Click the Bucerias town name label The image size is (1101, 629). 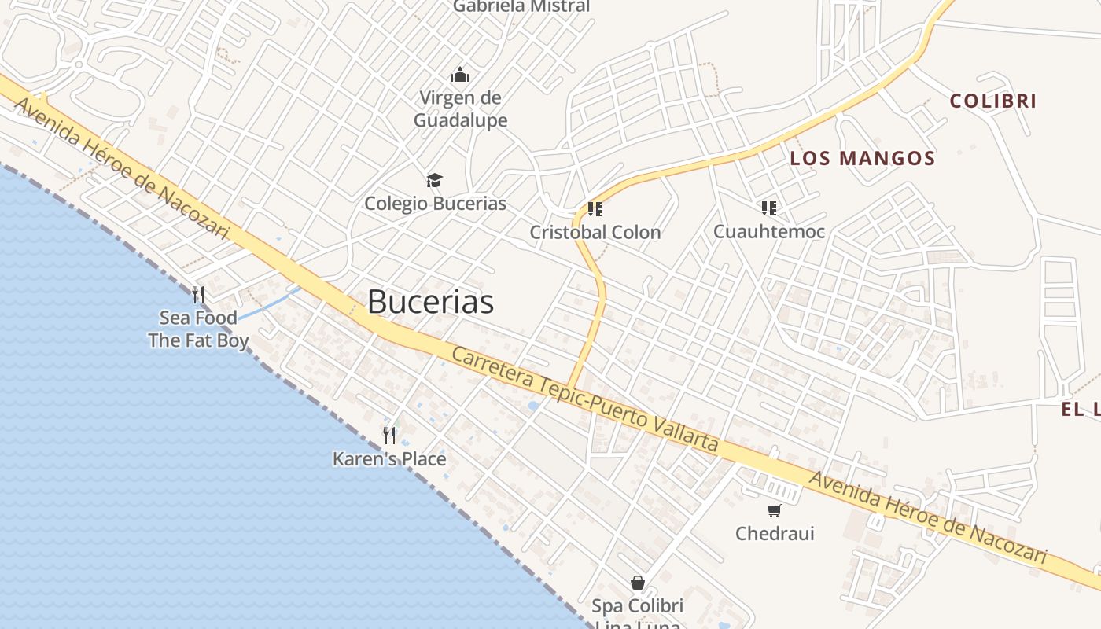coord(430,302)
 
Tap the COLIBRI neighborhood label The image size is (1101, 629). coord(993,101)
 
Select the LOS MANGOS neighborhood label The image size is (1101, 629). coord(863,158)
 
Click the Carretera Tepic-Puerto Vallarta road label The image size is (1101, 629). coord(585,399)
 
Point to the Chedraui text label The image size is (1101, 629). coord(775,534)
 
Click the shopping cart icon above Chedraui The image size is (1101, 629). coord(775,511)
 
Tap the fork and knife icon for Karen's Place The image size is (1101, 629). coord(389,435)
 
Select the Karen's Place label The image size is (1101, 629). coord(389,459)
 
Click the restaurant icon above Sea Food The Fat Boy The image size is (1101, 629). coord(198,295)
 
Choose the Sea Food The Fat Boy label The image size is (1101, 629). coord(198,329)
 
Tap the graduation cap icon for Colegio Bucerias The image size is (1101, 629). coord(435,181)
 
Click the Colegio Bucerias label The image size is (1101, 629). coord(435,204)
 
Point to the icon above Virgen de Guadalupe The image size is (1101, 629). coord(460,75)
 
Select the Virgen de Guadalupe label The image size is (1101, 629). coord(461,109)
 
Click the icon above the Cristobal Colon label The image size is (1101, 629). coord(595,209)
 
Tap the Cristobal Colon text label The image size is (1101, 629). coord(595,233)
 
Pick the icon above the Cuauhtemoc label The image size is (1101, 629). coord(769,208)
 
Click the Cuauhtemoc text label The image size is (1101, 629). coord(769,232)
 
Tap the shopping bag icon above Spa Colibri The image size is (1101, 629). coord(638,583)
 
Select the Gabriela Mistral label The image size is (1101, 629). coord(521,6)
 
